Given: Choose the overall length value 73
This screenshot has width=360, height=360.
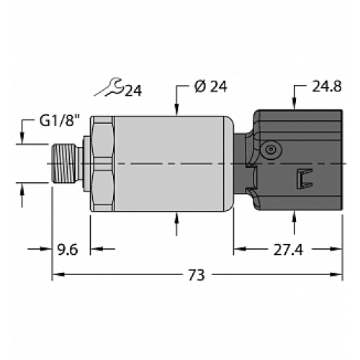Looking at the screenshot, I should coord(196,274).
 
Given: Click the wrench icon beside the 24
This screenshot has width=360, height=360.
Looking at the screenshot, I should coord(109,89).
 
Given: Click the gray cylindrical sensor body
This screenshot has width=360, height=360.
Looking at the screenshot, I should coord(169,165).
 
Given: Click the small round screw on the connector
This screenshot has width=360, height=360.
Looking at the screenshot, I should coord(271,149).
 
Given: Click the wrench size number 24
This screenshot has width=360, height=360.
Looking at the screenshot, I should coord(132,90).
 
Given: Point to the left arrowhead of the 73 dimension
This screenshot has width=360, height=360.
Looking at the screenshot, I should coord(58,274).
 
